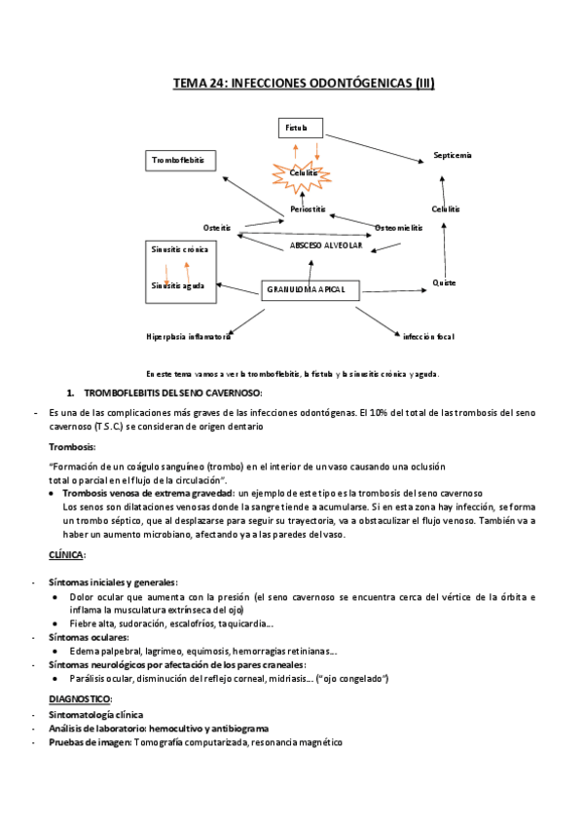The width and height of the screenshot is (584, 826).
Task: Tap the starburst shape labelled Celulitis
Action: point(305,173)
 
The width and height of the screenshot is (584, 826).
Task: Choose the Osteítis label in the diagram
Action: point(217,228)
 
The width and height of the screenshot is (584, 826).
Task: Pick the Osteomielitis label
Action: point(399,228)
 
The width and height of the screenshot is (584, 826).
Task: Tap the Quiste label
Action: point(445,282)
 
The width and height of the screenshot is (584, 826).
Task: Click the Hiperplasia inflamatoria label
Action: point(188,336)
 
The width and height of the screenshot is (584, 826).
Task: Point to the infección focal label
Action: point(429,336)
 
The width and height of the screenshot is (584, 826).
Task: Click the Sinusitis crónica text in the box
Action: point(179,249)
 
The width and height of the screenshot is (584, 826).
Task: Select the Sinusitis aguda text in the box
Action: point(177,285)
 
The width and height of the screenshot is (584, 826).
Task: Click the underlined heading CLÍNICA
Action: point(66,554)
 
